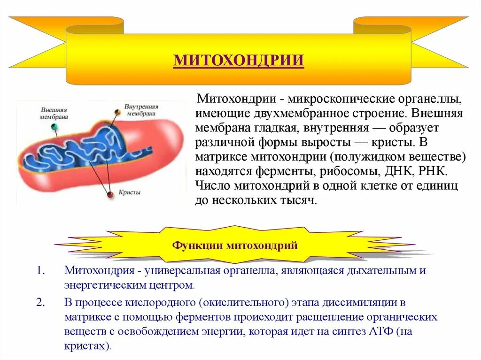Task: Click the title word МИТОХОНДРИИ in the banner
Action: click(239, 61)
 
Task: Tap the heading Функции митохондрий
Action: click(235, 245)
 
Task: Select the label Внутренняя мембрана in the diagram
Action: click(141, 110)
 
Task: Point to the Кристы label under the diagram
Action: click(130, 192)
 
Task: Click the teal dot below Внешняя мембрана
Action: click(55, 127)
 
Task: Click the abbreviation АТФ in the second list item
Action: click(380, 332)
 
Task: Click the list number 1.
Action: click(40, 271)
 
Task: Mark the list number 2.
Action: click(40, 303)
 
